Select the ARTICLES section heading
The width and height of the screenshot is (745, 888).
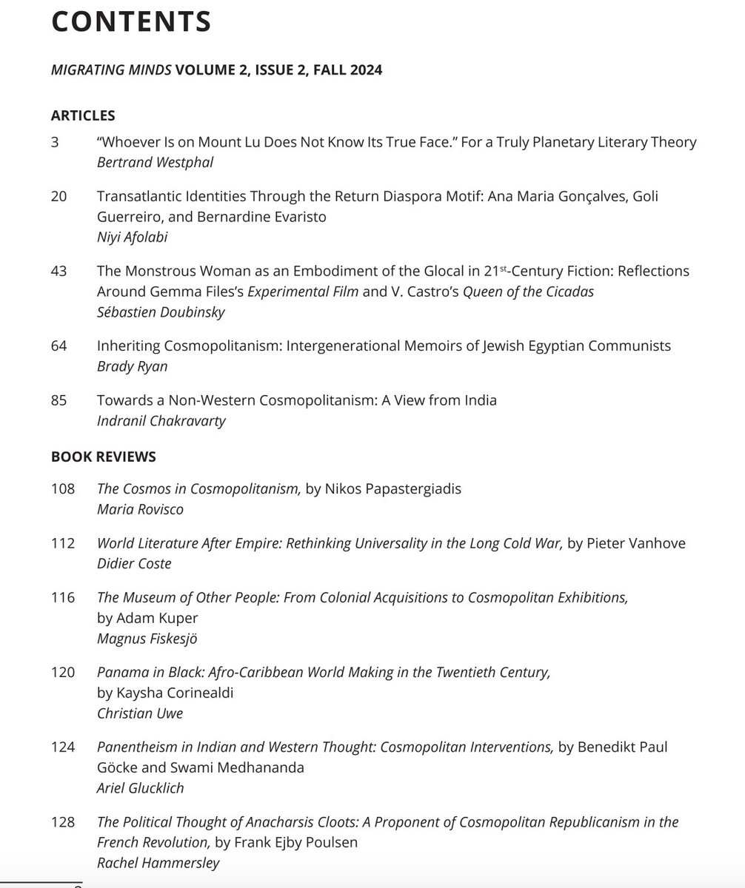83,115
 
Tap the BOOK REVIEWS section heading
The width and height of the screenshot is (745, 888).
104,457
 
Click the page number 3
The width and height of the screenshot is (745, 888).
56,142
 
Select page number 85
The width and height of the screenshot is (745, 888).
59,400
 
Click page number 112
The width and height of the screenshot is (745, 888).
63,544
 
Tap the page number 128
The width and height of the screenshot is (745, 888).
63,822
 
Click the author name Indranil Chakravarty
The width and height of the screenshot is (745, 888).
160,420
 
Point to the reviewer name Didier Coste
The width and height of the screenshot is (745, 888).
133,563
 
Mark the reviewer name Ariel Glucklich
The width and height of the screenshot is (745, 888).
141,787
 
